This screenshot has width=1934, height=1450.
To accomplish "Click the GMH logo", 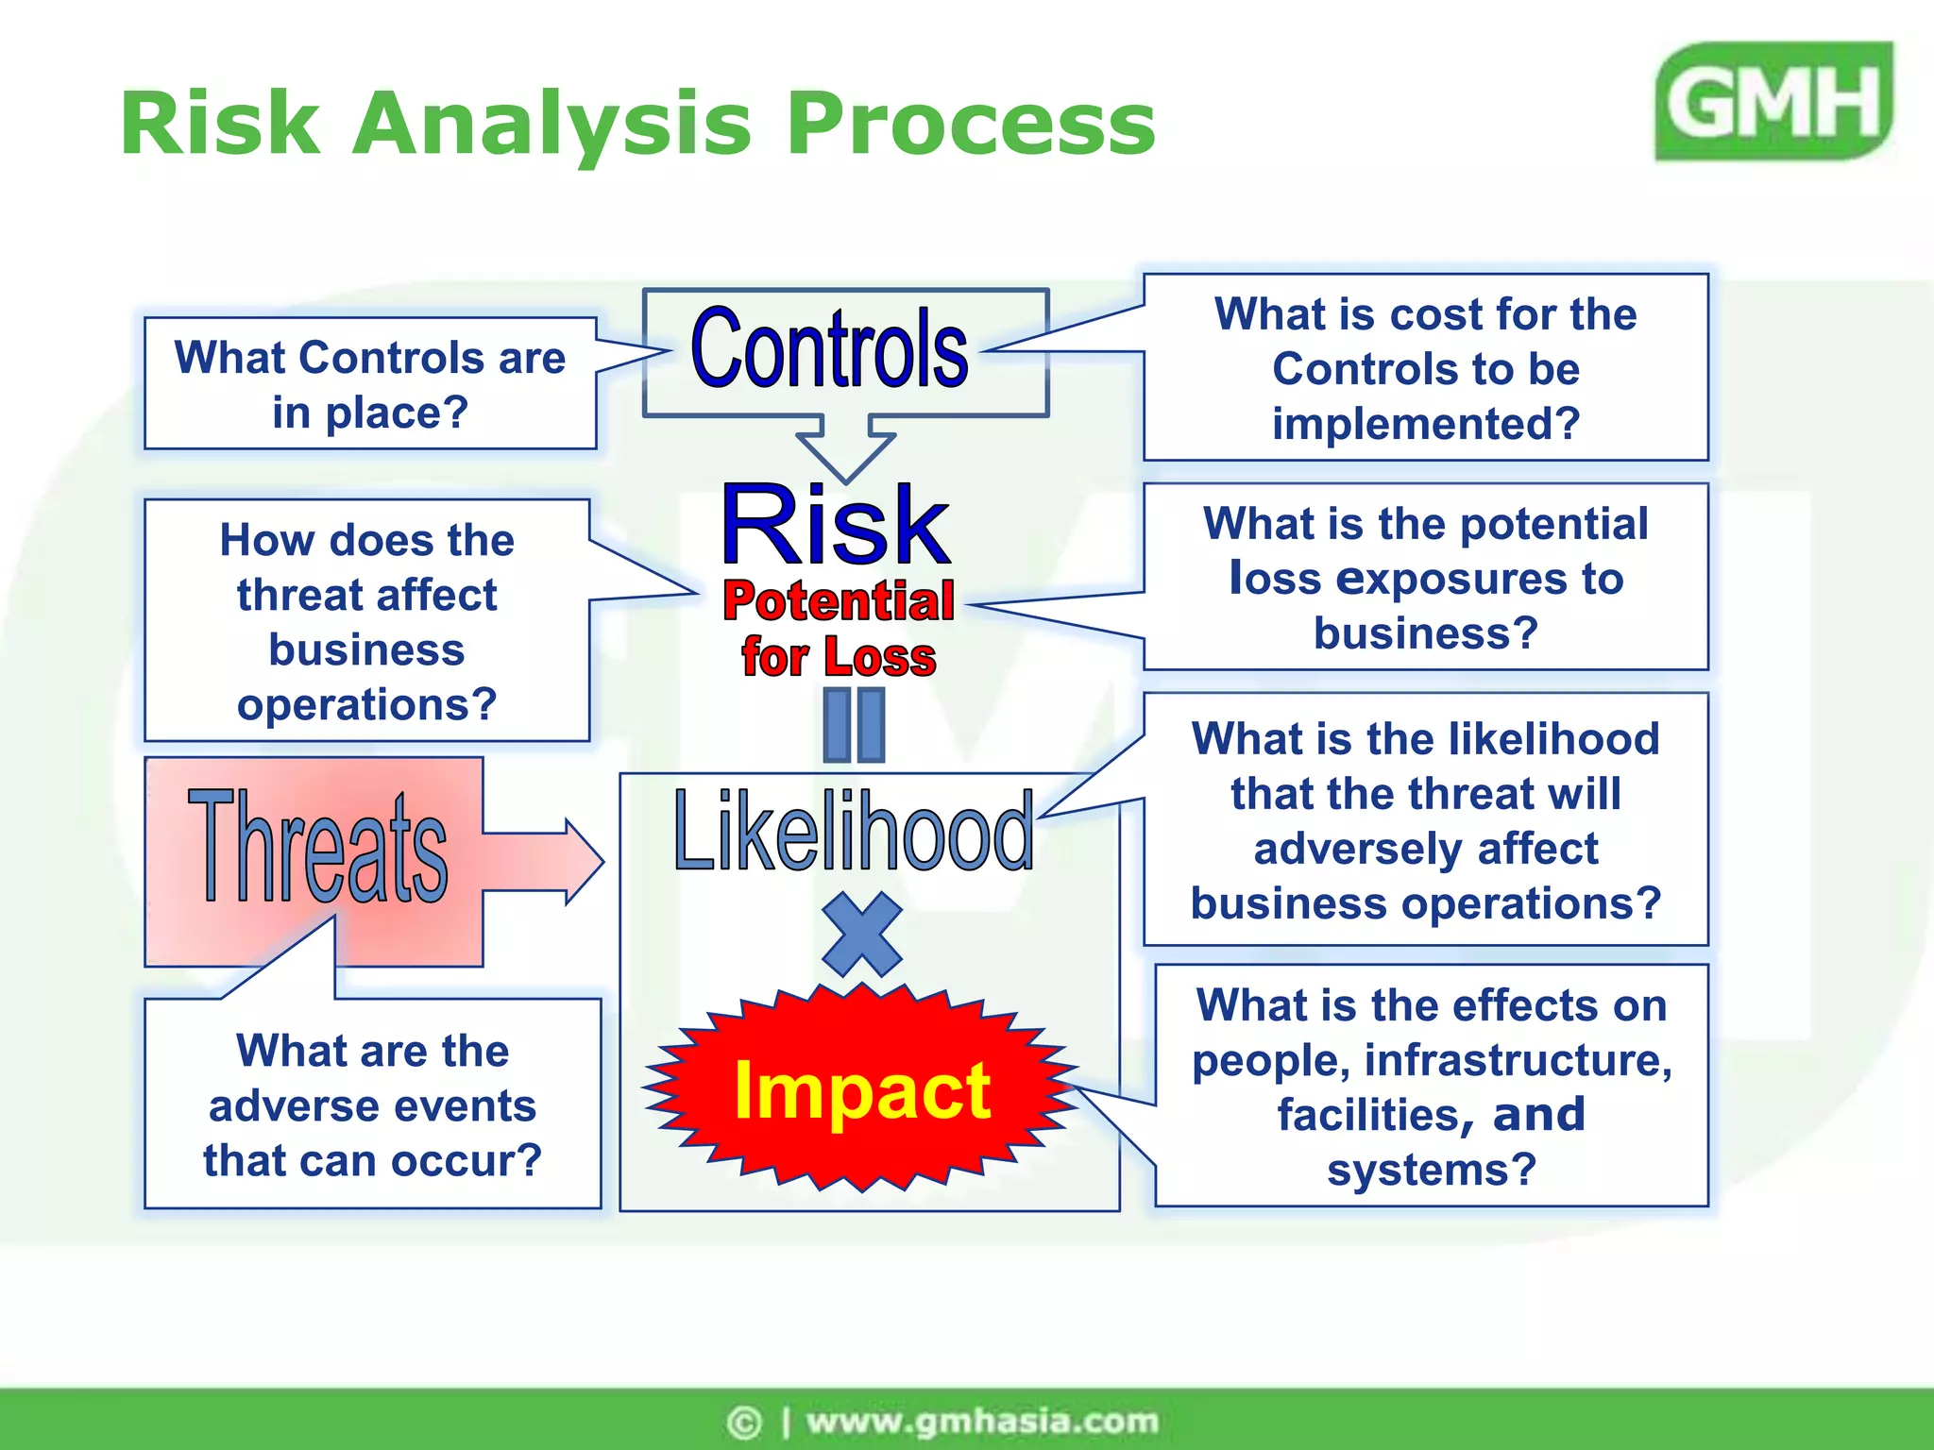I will tap(1773, 101).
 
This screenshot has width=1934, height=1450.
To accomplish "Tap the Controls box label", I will tap(829, 349).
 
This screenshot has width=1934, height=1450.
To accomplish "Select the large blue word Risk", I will tap(835, 525).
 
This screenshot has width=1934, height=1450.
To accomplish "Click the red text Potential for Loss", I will tap(839, 628).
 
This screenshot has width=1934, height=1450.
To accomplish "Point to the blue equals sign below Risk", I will tap(854, 725).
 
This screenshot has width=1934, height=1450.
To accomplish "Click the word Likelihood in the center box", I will tap(853, 832).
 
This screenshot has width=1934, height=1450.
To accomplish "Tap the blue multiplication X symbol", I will tap(861, 934).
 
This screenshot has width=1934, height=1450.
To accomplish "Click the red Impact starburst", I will tap(861, 1089).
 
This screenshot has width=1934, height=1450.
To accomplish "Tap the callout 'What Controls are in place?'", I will tap(369, 384).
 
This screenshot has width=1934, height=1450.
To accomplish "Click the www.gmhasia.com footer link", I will tap(981, 1421).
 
